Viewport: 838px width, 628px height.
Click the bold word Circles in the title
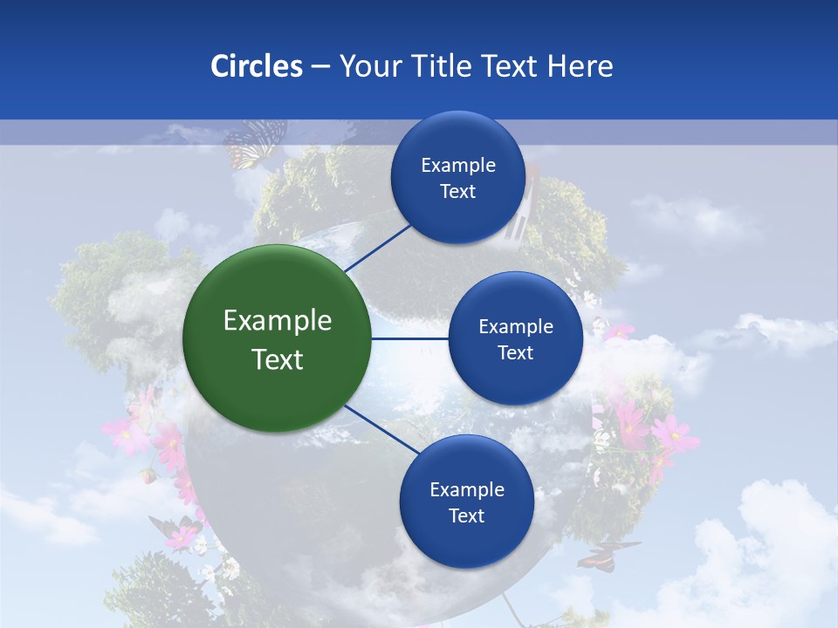256,66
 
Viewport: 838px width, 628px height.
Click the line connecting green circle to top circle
377,246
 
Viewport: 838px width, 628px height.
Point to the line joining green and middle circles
410,338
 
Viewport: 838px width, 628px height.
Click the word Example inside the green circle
278,321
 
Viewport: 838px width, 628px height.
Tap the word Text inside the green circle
278,358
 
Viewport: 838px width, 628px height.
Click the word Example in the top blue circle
458,166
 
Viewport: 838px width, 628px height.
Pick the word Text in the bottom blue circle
466,515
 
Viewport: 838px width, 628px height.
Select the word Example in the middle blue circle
516,327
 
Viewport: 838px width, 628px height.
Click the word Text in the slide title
509,66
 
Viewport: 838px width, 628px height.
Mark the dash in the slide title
319,67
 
